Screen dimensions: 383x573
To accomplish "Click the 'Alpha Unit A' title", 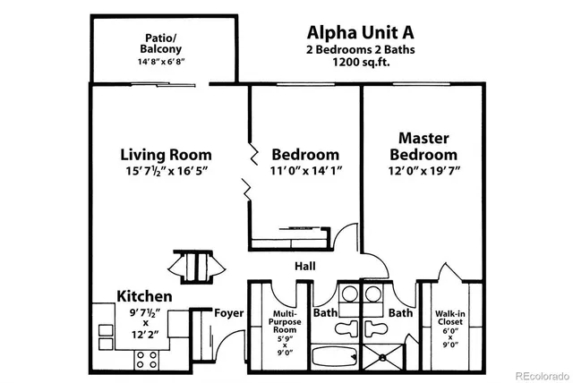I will (x=361, y=33).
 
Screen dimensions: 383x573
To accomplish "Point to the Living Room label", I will (x=167, y=154).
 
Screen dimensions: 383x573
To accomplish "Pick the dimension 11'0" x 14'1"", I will (x=305, y=171).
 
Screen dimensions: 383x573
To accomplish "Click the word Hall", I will (x=305, y=266).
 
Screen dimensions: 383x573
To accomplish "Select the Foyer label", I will (x=228, y=313).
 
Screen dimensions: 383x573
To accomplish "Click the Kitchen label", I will (x=144, y=296).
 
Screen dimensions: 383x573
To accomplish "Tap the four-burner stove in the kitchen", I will (x=146, y=360).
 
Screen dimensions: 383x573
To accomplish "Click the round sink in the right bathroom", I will (x=372, y=294).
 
